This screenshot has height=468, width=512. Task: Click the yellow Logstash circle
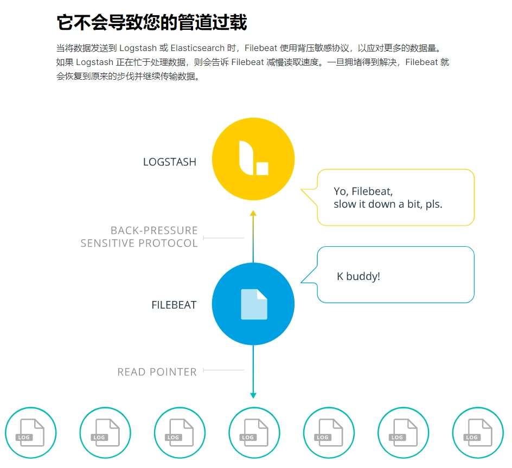click(x=253, y=159)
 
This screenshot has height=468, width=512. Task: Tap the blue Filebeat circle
click(x=253, y=304)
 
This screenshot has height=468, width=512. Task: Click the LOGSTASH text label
click(x=169, y=162)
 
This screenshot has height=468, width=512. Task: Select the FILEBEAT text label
click(x=174, y=305)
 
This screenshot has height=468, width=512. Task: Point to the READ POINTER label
click(x=157, y=371)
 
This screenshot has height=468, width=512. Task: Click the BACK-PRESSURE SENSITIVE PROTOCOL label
click(x=139, y=237)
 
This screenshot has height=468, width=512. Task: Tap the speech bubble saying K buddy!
click(x=387, y=274)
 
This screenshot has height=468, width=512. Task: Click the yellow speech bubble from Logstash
click(x=387, y=197)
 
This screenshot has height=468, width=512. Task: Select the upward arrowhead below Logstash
click(x=253, y=213)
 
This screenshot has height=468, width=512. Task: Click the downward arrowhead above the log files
click(x=253, y=395)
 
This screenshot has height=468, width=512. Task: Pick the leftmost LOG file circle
click(x=31, y=433)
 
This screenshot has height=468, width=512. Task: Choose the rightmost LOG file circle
click(x=478, y=433)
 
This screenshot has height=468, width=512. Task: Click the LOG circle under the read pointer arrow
click(x=254, y=433)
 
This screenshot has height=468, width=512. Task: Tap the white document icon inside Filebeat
click(x=254, y=304)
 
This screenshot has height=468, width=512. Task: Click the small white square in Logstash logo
click(x=262, y=169)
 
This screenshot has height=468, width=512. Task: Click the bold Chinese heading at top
click(x=152, y=22)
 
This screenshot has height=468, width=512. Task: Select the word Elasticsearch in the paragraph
click(x=197, y=48)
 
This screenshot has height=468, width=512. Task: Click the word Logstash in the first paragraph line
click(x=138, y=48)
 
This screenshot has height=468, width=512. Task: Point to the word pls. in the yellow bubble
click(x=434, y=204)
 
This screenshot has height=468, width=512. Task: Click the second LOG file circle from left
click(x=105, y=433)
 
